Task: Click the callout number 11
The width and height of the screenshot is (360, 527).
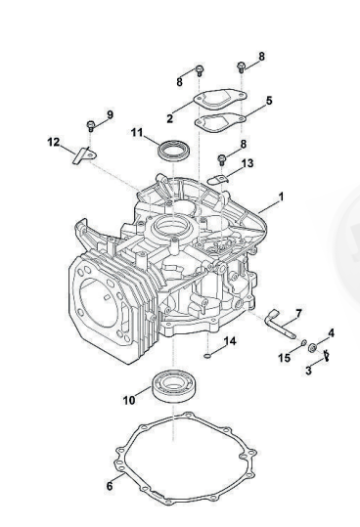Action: tap(137, 132)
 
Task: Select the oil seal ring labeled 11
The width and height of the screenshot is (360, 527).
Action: tap(173, 151)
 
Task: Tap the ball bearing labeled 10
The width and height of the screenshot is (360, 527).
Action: tap(173, 384)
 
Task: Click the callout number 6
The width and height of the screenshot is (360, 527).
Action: tap(110, 486)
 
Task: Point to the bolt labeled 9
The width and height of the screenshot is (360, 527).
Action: tap(90, 126)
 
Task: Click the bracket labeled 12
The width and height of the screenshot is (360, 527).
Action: tap(84, 156)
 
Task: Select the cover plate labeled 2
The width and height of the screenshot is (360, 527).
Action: tap(220, 99)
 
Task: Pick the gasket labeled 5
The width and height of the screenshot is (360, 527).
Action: tap(221, 122)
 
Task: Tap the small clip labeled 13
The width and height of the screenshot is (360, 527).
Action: tap(218, 180)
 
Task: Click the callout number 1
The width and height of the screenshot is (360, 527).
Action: tap(281, 197)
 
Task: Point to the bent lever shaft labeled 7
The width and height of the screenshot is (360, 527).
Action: tap(279, 324)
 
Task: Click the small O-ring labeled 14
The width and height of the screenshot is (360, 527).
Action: tap(207, 355)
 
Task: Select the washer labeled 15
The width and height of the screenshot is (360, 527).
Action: tap(303, 343)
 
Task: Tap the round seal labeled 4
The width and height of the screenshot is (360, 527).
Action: tap(313, 347)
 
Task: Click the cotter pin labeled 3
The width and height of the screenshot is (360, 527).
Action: tap(326, 356)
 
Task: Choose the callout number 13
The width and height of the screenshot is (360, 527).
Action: tap(247, 163)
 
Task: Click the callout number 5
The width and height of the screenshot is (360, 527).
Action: tap(269, 101)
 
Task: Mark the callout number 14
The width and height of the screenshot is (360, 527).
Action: tap(230, 341)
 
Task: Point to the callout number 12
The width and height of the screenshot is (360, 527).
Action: tap(54, 142)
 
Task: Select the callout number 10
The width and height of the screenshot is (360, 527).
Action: tap(129, 400)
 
